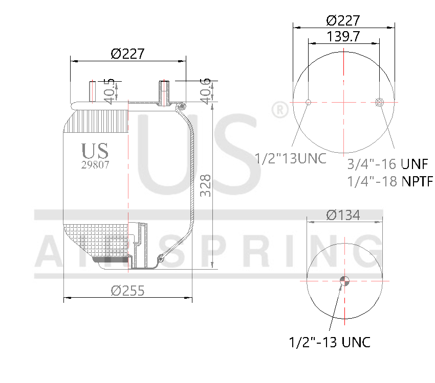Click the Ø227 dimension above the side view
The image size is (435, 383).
(x=127, y=54)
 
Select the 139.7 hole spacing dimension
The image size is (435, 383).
(x=343, y=36)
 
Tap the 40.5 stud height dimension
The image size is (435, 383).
(x=108, y=91)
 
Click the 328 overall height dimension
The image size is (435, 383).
(x=205, y=186)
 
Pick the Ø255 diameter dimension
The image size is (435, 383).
(x=127, y=291)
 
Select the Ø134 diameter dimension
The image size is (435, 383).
(x=343, y=215)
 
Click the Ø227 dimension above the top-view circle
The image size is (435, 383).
(x=343, y=20)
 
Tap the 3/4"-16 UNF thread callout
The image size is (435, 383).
(x=387, y=164)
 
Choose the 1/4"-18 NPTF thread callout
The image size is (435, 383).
(x=390, y=181)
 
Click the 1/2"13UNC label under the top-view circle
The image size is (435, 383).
(x=291, y=158)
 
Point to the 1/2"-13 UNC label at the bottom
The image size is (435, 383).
(x=330, y=342)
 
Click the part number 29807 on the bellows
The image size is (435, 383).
(x=95, y=165)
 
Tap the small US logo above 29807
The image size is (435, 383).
(x=95, y=151)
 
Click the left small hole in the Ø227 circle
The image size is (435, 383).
(x=308, y=102)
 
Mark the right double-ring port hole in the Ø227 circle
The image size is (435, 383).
(x=379, y=102)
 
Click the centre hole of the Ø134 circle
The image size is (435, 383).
(x=344, y=280)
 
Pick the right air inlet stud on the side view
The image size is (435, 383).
(x=164, y=92)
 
